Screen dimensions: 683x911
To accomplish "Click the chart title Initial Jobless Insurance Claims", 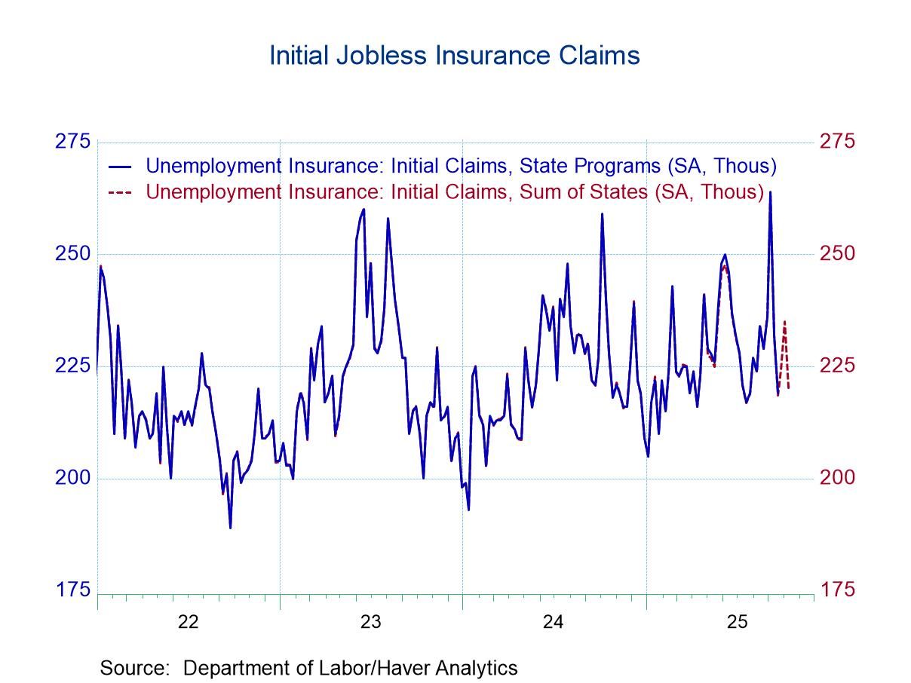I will tap(454, 56).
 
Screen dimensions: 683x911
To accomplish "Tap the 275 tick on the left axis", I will tap(72, 142).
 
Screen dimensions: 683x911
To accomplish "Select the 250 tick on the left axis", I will tap(72, 253).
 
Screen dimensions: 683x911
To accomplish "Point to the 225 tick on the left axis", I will tap(72, 366).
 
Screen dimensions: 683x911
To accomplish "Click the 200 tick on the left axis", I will tap(72, 478).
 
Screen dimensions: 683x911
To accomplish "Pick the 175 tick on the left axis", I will tap(72, 590).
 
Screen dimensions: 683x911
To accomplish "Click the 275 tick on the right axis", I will tap(837, 142).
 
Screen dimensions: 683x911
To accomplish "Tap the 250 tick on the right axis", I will tap(837, 253).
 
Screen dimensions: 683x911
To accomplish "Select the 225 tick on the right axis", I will tap(837, 366).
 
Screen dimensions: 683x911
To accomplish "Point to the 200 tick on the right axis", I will tap(837, 478).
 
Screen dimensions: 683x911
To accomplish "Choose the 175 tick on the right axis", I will tap(837, 590).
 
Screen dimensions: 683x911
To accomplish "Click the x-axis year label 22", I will tap(188, 622).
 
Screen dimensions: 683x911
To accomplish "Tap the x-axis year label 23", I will tap(371, 622).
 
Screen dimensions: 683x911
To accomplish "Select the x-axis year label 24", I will tap(554, 622).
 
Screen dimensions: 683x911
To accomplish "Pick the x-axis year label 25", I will tap(737, 622).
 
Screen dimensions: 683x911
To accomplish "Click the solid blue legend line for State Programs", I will tap(121, 166).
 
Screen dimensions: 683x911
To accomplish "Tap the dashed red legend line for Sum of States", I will tap(121, 192).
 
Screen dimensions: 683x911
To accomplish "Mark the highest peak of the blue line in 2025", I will tap(770, 192).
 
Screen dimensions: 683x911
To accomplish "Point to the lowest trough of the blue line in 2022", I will tap(230, 527).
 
